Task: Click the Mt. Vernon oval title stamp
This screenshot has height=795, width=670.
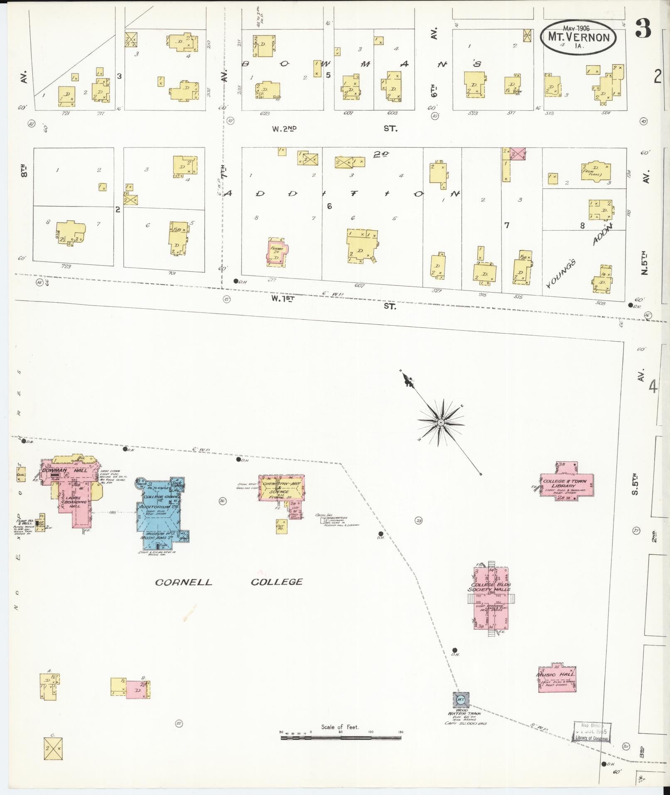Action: (578, 37)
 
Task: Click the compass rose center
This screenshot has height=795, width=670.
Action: (441, 423)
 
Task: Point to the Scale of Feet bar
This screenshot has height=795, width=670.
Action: (341, 738)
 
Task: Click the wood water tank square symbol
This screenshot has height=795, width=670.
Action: (461, 700)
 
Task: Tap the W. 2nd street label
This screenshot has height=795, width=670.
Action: (284, 129)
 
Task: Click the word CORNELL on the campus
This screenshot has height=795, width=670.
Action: (184, 582)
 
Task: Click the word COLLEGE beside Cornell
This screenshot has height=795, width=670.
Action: (277, 582)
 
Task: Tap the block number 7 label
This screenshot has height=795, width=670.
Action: (507, 225)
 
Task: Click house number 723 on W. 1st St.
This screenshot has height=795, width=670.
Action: (66, 266)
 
